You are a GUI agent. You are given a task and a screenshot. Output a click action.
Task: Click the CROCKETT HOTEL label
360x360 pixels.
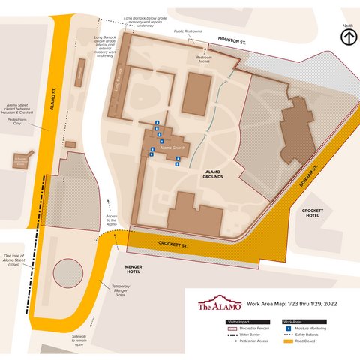pos(312,214)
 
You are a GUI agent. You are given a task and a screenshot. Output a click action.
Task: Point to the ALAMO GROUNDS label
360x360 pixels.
pos(217,175)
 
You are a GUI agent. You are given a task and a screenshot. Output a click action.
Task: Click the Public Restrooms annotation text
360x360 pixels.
pos(188,31)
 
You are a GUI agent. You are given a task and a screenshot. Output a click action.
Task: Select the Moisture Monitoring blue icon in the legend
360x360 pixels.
pos(289,328)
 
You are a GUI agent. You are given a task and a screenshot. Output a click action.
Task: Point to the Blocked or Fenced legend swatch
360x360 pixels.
pos(232,328)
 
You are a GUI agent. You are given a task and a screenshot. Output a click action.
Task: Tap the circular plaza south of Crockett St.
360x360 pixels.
pos(70,273)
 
